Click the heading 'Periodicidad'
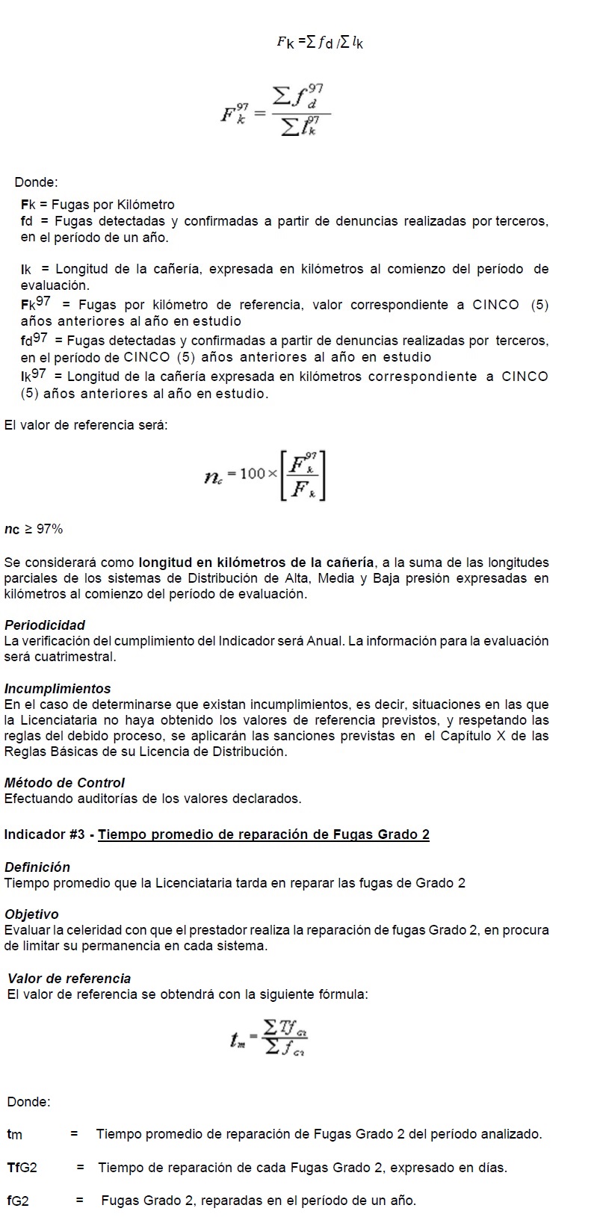tap(45, 625)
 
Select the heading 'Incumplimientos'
tap(58, 689)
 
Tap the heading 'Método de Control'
tap(64, 783)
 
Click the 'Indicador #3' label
tap(46, 834)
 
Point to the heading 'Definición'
tap(37, 867)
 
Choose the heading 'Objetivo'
tap(31, 914)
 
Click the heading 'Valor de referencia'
tap(69, 979)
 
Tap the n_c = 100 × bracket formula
tap(265, 475)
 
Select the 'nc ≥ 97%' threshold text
tap(34, 530)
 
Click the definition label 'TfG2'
tap(22, 1168)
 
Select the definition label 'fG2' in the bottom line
tap(18, 1201)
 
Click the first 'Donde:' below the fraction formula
tap(36, 182)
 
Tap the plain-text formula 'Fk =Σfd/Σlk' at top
tap(319, 43)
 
